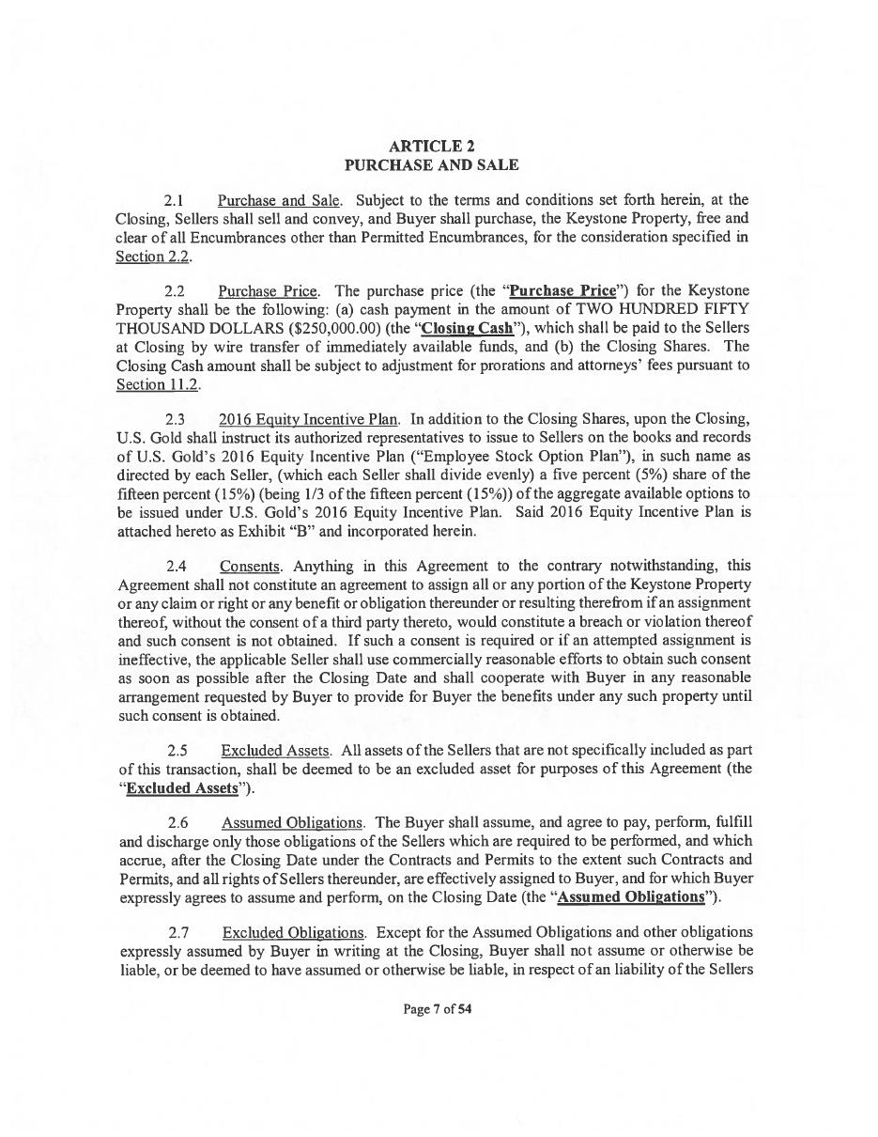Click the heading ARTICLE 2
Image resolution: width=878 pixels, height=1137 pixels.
coord(431,147)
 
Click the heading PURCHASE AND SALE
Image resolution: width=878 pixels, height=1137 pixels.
coord(431,165)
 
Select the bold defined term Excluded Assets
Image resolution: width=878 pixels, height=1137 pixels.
coord(181,787)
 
